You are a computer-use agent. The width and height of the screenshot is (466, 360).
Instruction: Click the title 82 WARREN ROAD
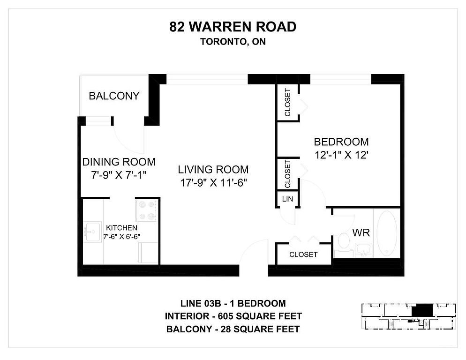tap(233, 27)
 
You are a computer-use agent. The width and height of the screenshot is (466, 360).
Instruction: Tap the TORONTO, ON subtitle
tap(233, 42)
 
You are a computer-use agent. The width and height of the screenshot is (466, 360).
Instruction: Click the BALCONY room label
tap(114, 96)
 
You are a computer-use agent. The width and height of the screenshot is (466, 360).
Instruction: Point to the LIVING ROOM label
tap(213, 169)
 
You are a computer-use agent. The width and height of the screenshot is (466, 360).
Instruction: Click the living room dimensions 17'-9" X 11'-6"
tap(214, 183)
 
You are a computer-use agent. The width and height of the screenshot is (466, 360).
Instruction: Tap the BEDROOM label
tap(341, 142)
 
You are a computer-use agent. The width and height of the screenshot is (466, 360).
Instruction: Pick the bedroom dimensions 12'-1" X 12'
tap(341, 155)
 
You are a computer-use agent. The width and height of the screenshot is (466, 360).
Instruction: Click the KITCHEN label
tap(121, 228)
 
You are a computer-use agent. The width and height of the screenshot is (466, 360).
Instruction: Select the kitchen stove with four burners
tap(147, 210)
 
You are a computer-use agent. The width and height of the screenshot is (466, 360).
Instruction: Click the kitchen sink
tap(93, 232)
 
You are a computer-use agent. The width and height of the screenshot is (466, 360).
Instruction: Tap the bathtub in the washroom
tap(387, 233)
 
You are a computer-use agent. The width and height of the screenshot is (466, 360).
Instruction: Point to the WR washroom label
tap(361, 232)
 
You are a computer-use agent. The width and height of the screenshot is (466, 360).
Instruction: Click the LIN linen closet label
tap(287, 199)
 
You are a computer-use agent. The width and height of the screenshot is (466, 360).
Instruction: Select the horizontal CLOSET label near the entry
tap(303, 255)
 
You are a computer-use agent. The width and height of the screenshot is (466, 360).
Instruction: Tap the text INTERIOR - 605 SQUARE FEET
tap(233, 316)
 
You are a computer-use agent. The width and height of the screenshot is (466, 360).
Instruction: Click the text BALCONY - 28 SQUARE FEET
tap(233, 329)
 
